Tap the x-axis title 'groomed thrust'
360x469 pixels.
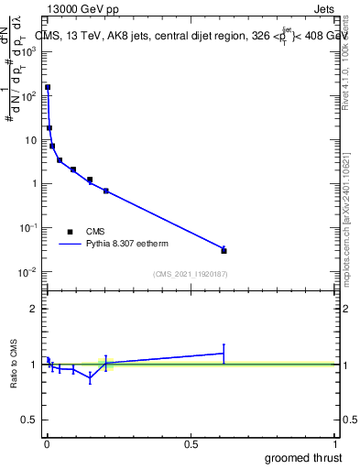point(303,458)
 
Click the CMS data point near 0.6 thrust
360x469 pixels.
point(224,250)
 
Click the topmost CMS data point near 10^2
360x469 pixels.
point(48,88)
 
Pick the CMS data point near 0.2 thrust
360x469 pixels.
point(106,191)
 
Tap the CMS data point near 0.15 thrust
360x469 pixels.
point(90,180)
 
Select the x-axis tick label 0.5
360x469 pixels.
point(191,444)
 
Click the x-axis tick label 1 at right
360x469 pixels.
point(335,444)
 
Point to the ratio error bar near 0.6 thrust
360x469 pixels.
point(224,354)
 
